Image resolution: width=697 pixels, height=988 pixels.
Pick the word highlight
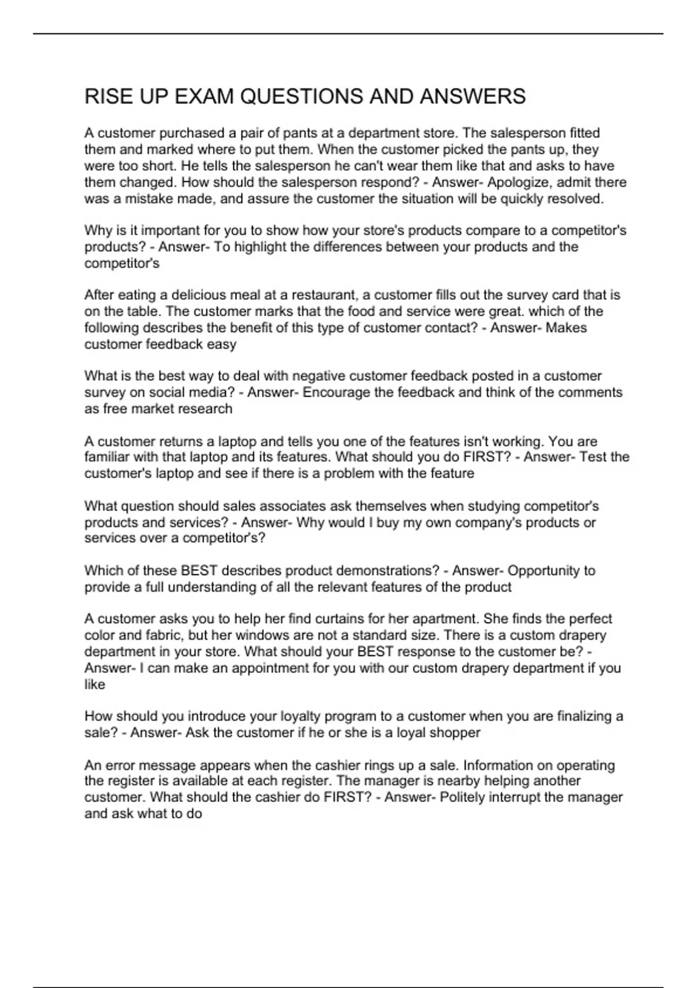260,247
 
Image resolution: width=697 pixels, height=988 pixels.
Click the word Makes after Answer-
566,328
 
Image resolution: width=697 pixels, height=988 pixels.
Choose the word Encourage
336,392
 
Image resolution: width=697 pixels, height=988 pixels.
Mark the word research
206,409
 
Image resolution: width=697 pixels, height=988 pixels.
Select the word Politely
462,797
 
